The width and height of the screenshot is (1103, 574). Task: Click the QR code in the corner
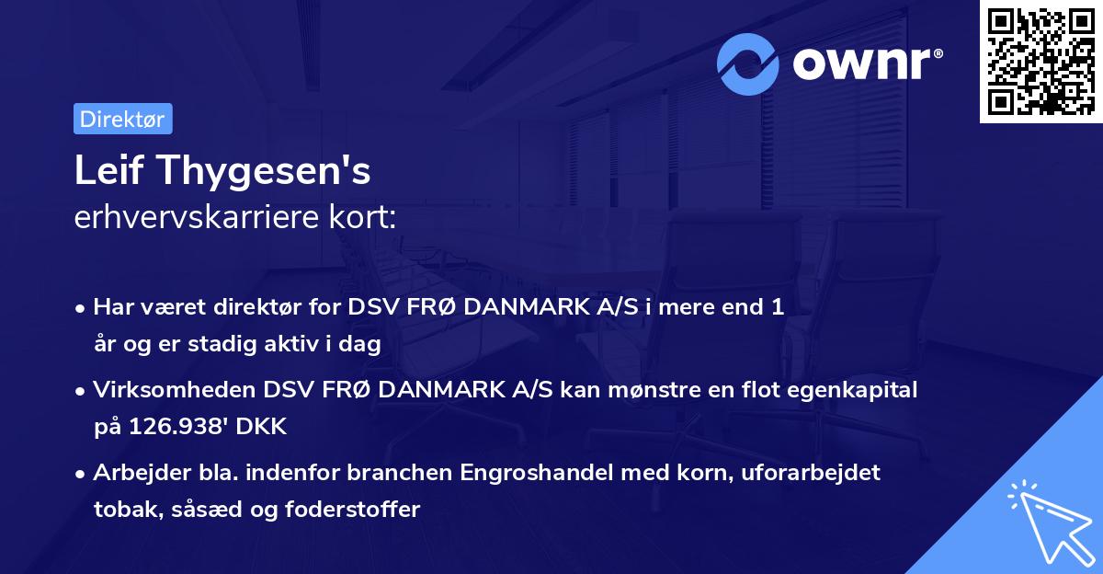pyautogui.click(x=1040, y=62)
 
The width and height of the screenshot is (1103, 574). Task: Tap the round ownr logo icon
pyautogui.click(x=748, y=63)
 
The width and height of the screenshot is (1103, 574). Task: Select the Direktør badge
pyautogui.click(x=122, y=119)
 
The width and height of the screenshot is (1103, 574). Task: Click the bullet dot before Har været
pyautogui.click(x=83, y=309)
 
